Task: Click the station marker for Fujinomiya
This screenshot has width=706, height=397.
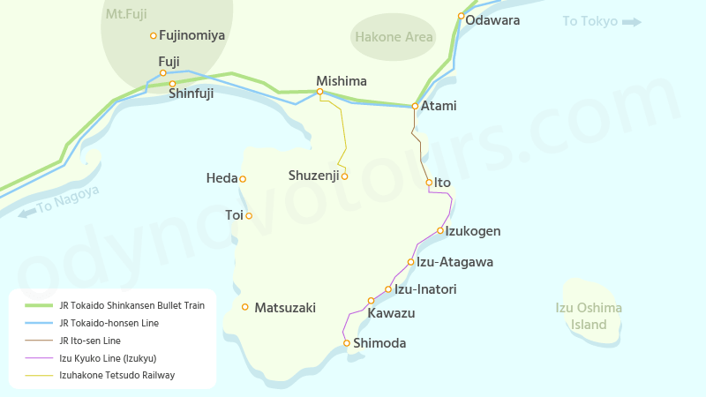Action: tap(154, 36)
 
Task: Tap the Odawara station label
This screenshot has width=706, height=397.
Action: tap(492, 19)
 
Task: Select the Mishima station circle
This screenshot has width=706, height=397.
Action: tap(319, 92)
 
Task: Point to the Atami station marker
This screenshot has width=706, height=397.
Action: tap(415, 106)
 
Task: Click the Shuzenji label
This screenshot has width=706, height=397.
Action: tap(313, 176)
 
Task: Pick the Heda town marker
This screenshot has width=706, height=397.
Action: tap(243, 179)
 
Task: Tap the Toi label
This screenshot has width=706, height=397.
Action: tap(234, 214)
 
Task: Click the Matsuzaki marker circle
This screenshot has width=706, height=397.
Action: tap(245, 307)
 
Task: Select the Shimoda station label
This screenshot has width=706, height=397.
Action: tap(379, 343)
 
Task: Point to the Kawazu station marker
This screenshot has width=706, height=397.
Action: tap(371, 301)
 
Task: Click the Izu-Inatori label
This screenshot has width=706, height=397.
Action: tap(425, 288)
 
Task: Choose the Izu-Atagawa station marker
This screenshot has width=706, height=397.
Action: tap(410, 262)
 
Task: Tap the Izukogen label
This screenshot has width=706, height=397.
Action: tap(473, 231)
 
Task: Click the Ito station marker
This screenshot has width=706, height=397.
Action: tap(429, 183)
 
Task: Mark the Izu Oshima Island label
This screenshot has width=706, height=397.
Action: tap(589, 316)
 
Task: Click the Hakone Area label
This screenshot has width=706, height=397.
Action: tap(394, 37)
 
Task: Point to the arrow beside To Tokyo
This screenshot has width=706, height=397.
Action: tap(631, 22)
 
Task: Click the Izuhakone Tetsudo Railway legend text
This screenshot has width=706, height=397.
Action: tap(117, 375)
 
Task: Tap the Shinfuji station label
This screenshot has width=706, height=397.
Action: tap(191, 93)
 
